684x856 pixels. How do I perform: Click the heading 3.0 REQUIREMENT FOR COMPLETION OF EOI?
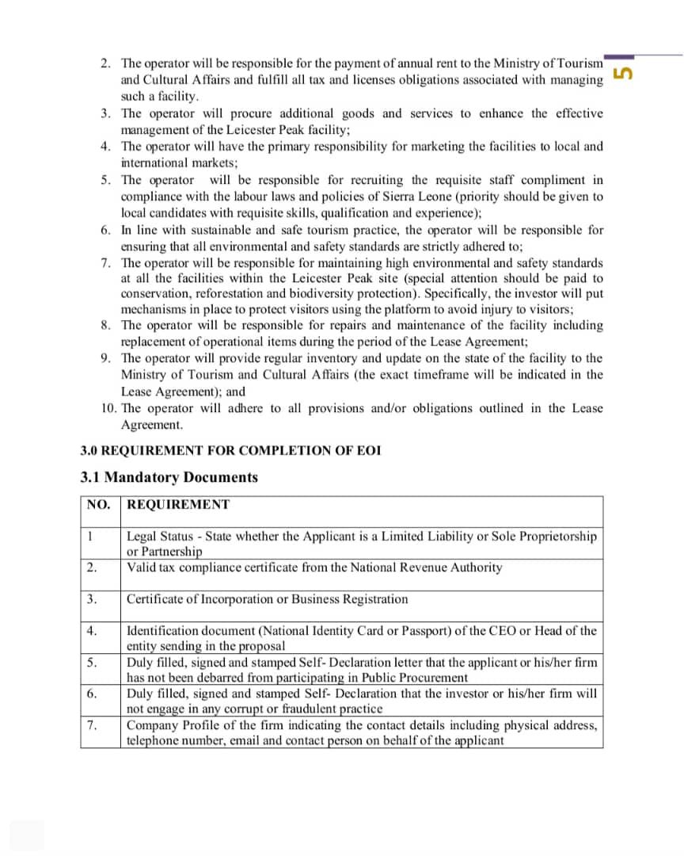(x=230, y=451)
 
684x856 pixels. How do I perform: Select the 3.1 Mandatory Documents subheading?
(x=169, y=477)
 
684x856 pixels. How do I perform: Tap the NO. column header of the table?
(x=99, y=505)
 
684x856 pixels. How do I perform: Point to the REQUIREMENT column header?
(x=178, y=505)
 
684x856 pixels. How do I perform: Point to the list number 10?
(x=108, y=408)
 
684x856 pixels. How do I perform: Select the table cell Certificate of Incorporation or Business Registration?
(x=268, y=599)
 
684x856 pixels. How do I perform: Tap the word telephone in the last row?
(x=154, y=740)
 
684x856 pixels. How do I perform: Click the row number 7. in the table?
(x=92, y=725)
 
